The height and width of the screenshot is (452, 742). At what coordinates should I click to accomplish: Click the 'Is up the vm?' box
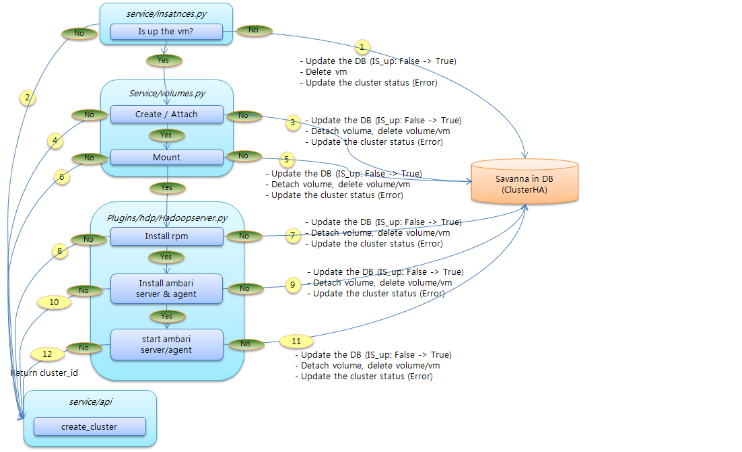coord(166,31)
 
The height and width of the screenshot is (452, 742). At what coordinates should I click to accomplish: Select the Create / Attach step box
coord(166,115)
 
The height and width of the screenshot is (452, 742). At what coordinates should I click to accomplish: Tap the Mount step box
coord(166,157)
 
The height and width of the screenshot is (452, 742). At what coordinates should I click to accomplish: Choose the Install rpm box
coord(166,236)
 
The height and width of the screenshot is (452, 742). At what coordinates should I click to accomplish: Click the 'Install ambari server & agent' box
coord(166,288)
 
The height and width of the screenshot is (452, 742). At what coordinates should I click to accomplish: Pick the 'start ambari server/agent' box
coord(166,344)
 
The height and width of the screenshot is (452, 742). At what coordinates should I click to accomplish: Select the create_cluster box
coord(89,426)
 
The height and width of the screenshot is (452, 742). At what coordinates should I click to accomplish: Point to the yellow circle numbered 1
coord(362,47)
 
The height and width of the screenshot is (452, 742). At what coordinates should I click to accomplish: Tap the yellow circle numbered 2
coord(27,98)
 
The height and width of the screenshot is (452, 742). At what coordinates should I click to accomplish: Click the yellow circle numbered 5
coord(286,160)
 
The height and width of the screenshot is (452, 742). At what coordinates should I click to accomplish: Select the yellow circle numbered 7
coord(292,236)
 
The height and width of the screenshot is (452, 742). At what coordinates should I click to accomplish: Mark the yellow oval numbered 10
coord(54,302)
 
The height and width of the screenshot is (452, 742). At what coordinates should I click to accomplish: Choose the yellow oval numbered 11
coord(296,340)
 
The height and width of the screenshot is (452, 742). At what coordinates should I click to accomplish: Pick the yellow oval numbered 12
coord(47,353)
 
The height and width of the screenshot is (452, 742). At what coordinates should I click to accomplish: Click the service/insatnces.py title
coord(166,13)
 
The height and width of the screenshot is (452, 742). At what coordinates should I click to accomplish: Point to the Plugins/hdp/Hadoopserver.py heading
coord(166,218)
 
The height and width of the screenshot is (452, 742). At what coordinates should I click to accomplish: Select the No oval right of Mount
coord(244,156)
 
